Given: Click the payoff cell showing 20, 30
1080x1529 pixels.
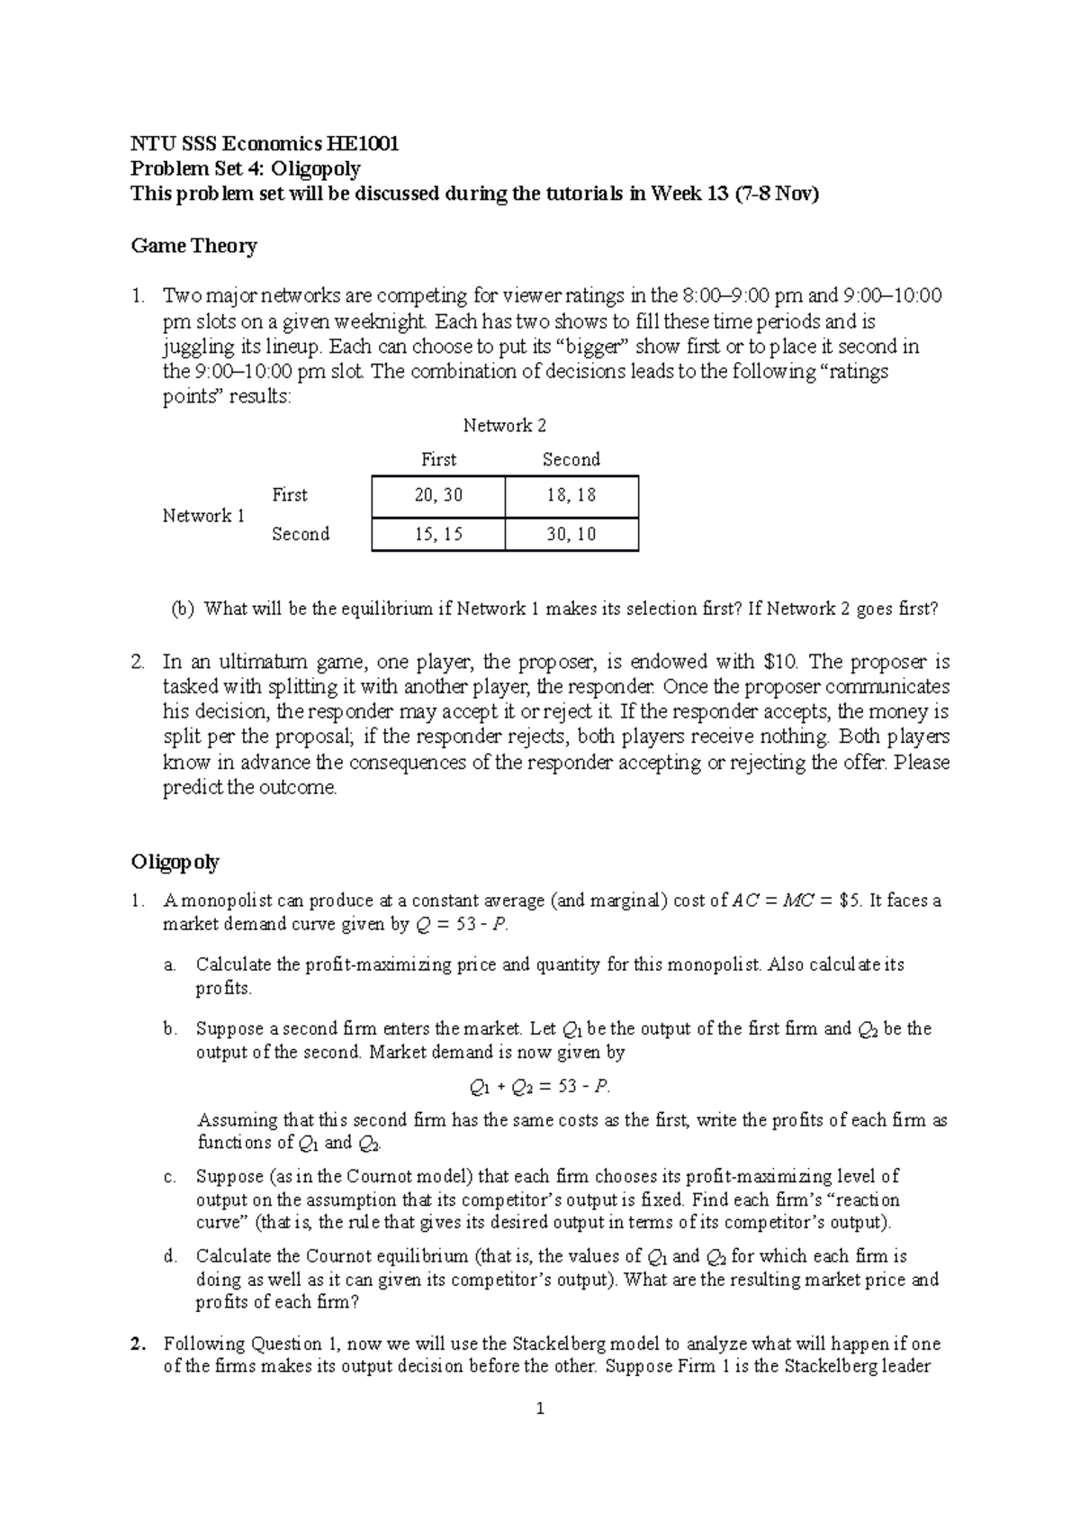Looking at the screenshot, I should point(438,495).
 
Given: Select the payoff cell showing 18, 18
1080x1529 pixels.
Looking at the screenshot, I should point(571,495).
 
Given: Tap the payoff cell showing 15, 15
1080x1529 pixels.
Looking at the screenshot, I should point(438,534).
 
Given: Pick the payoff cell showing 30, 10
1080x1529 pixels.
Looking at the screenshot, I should point(571,534).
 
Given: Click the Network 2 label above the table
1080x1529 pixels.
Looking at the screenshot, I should point(504,426).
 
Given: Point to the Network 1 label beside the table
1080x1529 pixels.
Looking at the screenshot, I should point(203,516).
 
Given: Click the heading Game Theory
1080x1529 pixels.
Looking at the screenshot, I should point(193,246).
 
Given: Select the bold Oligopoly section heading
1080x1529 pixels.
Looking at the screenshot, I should point(175,862).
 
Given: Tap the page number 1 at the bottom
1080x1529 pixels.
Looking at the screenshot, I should point(540,1409).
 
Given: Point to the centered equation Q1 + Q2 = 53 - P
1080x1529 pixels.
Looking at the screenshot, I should point(540,1087).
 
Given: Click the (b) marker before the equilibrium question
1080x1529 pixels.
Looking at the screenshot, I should point(183,610).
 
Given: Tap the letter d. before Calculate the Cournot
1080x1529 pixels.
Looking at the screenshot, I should point(170,1256).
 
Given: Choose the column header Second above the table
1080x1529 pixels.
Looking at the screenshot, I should point(571,459).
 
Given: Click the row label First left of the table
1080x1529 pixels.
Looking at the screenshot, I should point(290,495).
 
